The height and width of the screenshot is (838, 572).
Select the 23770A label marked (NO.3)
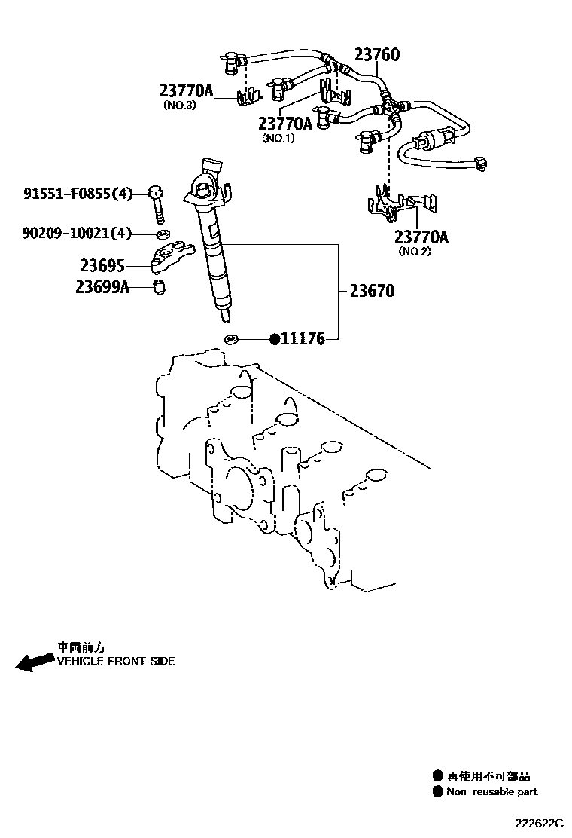(x=187, y=91)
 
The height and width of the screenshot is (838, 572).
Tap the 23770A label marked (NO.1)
(x=285, y=124)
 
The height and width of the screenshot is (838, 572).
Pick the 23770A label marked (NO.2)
(x=421, y=237)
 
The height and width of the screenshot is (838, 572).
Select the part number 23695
(x=102, y=265)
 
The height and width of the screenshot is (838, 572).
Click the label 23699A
(x=102, y=286)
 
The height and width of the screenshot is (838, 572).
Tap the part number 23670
(x=372, y=291)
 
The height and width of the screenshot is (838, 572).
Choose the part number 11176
(x=303, y=339)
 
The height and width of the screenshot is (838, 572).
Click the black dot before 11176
(x=275, y=339)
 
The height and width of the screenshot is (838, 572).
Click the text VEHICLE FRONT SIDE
(x=116, y=662)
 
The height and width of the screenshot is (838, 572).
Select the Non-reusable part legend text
(x=492, y=791)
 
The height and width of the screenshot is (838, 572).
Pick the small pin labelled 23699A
(x=160, y=286)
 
